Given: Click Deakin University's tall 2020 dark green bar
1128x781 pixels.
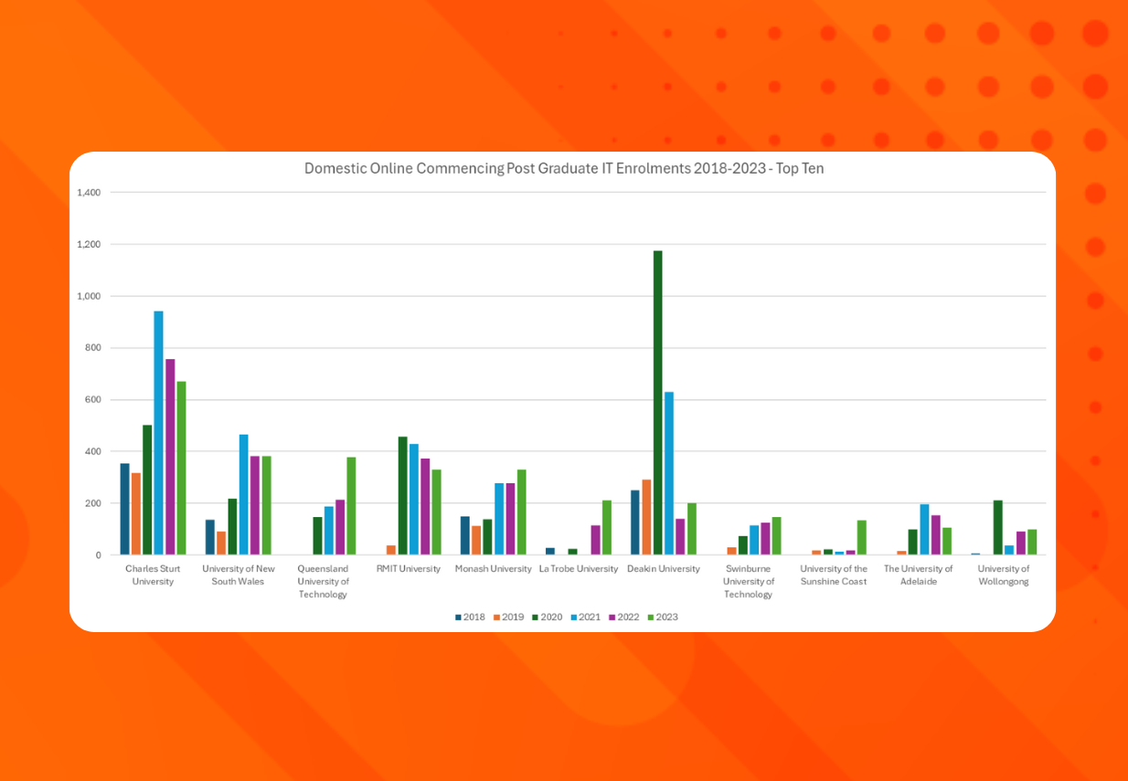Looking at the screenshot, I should [x=657, y=402].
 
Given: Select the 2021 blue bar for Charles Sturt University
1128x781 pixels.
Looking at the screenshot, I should [x=158, y=433].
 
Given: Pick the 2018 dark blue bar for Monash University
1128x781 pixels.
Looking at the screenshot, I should [x=464, y=535].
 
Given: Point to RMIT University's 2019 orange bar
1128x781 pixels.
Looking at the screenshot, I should [x=391, y=550].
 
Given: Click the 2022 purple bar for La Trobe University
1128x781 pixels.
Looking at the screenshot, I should [x=595, y=540].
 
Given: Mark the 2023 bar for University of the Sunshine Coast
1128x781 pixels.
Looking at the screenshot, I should [x=861, y=537].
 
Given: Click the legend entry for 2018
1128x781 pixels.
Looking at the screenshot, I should [x=470, y=617].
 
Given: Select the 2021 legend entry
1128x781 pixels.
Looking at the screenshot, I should [x=585, y=617].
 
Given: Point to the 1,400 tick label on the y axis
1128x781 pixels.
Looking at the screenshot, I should [x=90, y=193].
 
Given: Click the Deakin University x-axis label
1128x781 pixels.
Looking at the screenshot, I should [x=664, y=569].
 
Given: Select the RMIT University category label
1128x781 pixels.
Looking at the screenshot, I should [x=408, y=569].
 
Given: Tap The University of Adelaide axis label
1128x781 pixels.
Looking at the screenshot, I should [x=918, y=575].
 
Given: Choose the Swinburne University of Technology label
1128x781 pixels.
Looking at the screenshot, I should [x=749, y=581].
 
